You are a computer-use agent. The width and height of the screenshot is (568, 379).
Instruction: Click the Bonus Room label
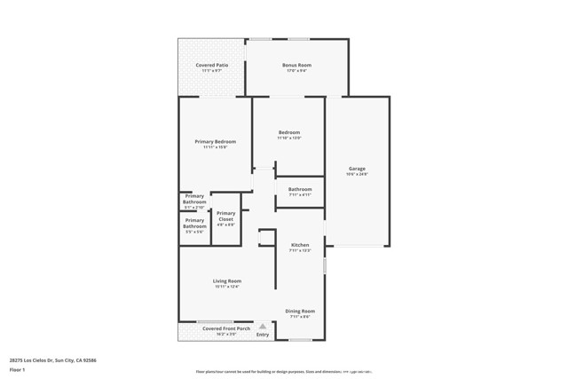point(296,66)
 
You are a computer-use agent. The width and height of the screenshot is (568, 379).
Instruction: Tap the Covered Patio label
point(211,66)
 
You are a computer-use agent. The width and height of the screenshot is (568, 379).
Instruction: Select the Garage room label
point(357,169)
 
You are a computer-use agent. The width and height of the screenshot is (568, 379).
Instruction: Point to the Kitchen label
point(300,245)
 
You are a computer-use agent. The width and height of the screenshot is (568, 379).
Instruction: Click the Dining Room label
point(300,311)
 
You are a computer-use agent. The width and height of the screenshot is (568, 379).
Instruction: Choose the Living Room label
point(227,281)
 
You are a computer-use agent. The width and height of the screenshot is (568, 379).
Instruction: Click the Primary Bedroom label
point(216,142)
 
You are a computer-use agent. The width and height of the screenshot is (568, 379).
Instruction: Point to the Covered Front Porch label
point(224,328)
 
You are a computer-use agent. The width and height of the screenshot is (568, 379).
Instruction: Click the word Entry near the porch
point(263,335)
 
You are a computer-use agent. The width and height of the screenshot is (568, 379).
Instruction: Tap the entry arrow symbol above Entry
point(263,327)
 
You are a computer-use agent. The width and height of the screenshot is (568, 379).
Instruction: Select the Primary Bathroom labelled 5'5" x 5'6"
point(194,223)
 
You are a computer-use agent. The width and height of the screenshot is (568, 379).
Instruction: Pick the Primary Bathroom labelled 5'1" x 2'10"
point(194,199)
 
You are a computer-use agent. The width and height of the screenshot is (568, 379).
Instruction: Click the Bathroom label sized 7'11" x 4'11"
point(300,189)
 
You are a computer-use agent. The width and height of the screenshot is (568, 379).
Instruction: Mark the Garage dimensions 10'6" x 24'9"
point(357,175)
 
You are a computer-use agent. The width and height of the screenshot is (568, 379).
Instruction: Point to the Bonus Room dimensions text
point(296,72)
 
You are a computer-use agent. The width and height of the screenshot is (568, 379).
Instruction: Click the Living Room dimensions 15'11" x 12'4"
point(227,288)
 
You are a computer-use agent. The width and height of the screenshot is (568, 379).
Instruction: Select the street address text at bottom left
point(52,359)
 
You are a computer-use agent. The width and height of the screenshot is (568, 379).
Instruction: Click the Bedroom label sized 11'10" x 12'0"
point(289,133)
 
